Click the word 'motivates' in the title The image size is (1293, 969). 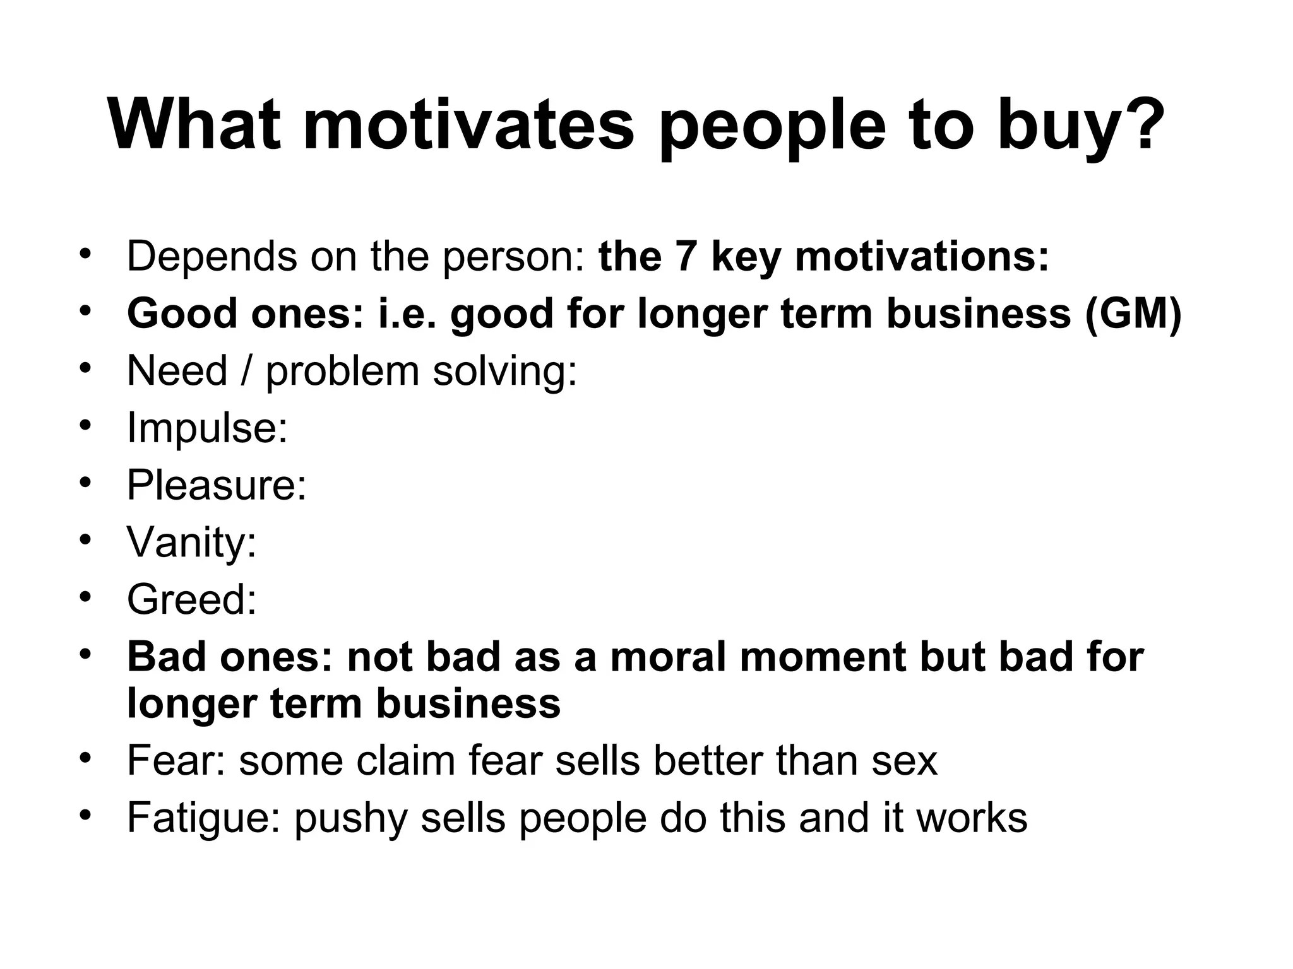tap(468, 124)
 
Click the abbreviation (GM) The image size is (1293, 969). tap(1133, 314)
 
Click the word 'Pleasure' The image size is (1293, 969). tap(212, 484)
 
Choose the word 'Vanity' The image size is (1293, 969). tap(186, 542)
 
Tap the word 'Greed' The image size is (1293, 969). tap(186, 599)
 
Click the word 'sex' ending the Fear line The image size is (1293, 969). tap(904, 761)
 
